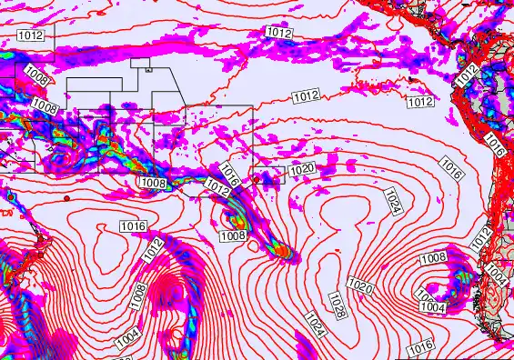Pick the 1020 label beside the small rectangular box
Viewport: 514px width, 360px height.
pos(302,169)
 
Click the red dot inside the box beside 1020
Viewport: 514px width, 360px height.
pos(257,179)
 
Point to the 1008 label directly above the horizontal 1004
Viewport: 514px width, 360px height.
pos(433,258)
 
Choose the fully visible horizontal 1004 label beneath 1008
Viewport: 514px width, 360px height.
pos(433,308)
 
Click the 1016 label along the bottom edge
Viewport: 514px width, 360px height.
pos(420,347)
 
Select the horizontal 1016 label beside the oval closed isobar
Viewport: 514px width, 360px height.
pos(134,225)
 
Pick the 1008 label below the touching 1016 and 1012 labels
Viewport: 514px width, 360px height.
pos(233,236)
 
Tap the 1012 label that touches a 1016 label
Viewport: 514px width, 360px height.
pos(217,186)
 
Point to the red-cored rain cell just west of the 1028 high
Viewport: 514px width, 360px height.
pos(283,249)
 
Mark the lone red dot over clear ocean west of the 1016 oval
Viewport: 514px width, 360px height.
pos(66,197)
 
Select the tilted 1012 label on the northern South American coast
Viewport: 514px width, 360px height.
pos(467,75)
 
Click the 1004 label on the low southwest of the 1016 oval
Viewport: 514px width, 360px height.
pos(127,339)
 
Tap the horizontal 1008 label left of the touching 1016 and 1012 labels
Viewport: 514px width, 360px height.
pos(153,183)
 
